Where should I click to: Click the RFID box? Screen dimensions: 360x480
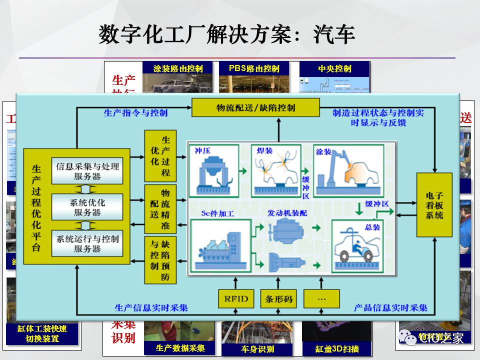tap(236, 299)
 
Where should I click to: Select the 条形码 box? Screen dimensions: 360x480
tap(278, 299)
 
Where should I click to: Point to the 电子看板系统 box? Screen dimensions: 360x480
tap(434, 205)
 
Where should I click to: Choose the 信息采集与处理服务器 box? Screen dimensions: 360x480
tap(87, 171)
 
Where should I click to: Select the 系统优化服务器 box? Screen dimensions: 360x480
tap(87, 207)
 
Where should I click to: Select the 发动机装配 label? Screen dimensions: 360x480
tap(287, 213)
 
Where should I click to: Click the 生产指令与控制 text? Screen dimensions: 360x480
tap(135, 112)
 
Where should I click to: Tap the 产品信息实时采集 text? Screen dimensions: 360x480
tap(390, 306)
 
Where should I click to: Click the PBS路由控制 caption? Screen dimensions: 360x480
tap(254, 68)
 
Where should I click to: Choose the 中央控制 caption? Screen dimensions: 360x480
tap(334, 68)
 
